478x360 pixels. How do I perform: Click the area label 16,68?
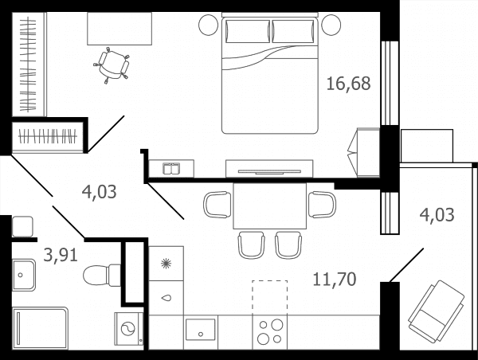tap(348, 84)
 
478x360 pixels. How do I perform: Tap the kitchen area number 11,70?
tap(335, 280)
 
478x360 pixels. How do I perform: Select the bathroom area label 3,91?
tap(61, 255)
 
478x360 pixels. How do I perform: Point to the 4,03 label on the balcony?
tap(437, 214)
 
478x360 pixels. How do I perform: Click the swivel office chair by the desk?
tap(112, 65)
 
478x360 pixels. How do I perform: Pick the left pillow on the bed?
tap(248, 31)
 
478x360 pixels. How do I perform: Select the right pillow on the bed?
tap(293, 31)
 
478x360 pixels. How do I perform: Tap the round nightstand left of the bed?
tap(209, 25)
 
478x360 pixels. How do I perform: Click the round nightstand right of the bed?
tap(331, 25)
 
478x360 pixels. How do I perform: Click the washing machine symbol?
tap(128, 329)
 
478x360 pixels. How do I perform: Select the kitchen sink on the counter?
tap(201, 329)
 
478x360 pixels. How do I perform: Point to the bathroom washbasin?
tap(24, 275)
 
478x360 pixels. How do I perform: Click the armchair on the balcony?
tap(437, 311)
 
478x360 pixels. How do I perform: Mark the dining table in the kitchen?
tap(270, 205)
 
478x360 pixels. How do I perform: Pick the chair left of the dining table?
tap(217, 205)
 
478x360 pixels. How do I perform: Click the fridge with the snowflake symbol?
tap(166, 264)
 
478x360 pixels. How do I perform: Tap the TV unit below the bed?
tap(269, 169)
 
